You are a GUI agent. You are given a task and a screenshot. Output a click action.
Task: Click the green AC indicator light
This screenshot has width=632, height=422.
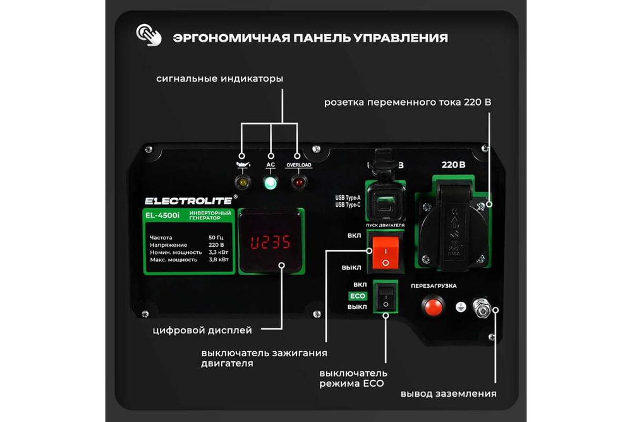tap(271, 183)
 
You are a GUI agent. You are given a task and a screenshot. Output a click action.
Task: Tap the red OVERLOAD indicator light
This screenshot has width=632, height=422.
tap(298, 183)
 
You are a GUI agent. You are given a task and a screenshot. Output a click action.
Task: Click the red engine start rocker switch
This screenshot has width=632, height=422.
tap(385, 252)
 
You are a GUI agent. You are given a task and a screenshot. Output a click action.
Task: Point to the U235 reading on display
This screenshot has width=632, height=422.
tap(270, 242)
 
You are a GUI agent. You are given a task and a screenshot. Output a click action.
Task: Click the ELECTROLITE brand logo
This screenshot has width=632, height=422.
tap(188, 201)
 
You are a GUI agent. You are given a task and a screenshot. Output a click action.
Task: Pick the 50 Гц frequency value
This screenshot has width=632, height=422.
tap(216, 237)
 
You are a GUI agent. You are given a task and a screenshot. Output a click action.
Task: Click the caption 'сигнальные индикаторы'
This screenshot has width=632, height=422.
tap(220, 79)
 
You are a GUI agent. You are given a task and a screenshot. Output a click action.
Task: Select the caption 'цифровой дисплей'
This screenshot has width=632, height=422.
tap(202, 330)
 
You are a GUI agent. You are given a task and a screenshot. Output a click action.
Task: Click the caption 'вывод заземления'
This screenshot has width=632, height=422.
tap(448, 394)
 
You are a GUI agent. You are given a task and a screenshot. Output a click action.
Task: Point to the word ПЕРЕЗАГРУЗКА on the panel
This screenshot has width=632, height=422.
tap(434, 286)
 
